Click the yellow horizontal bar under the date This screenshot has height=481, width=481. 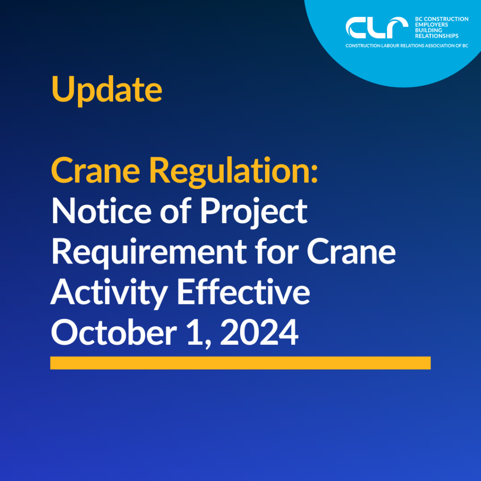click(x=240, y=363)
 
